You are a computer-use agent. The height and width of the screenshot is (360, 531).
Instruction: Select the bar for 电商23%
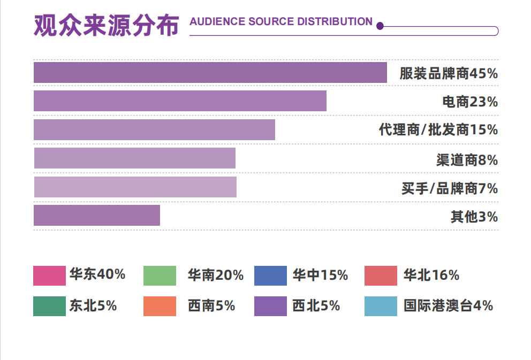[180, 101]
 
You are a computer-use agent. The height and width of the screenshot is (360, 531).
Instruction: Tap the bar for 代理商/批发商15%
[154, 130]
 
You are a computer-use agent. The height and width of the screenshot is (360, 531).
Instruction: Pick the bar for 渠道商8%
[134, 158]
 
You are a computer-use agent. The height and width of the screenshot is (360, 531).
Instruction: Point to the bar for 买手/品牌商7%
[135, 187]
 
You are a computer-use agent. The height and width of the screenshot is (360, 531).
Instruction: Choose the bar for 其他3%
[97, 216]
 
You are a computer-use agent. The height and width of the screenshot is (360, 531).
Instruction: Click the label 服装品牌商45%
[449, 74]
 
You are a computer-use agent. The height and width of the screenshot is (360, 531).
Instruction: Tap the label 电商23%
[470, 102]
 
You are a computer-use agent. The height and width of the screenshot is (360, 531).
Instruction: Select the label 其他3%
[474, 217]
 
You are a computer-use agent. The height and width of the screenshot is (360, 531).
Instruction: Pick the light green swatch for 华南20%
[160, 275]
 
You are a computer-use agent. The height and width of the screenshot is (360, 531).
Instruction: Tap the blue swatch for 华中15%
[270, 275]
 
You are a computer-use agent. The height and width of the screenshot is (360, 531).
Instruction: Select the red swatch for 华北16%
[381, 275]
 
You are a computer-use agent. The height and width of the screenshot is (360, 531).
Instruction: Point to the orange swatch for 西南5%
[160, 306]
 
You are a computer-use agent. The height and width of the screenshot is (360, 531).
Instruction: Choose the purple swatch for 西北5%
[270, 306]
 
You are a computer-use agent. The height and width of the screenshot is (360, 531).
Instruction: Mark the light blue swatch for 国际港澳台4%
[381, 306]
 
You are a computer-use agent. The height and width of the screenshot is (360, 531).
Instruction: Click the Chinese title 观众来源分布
[106, 25]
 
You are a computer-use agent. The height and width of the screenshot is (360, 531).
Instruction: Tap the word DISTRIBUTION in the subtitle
[335, 22]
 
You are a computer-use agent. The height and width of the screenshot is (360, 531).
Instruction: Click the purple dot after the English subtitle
[380, 26]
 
